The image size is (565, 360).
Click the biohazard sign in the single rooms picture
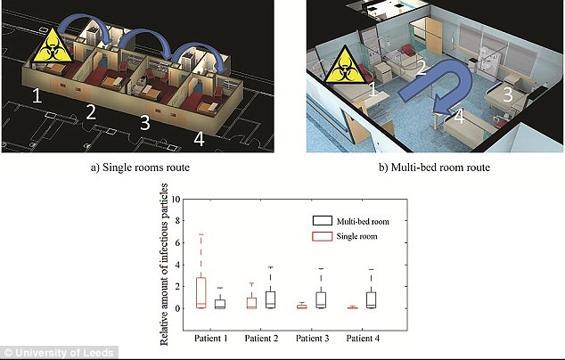tap(53, 46)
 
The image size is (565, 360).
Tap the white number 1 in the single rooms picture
tap(37, 96)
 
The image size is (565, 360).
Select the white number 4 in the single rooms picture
tap(200, 139)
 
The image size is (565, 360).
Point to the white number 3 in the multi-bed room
tap(507, 94)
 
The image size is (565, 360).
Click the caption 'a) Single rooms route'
tap(140, 168)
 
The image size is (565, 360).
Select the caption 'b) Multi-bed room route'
tap(434, 168)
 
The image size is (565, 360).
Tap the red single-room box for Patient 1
tap(201, 292)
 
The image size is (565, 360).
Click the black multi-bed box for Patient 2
tap(270, 299)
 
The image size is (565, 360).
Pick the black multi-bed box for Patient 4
tap(371, 299)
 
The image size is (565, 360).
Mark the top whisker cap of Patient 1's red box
tap(201, 234)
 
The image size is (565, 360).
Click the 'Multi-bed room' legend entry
tap(351, 221)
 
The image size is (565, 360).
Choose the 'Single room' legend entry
tap(345, 236)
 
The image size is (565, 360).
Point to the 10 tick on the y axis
tap(176, 200)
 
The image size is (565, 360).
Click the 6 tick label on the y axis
tap(177, 243)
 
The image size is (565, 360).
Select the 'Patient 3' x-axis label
tap(313, 339)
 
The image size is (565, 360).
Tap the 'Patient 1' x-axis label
tap(211, 339)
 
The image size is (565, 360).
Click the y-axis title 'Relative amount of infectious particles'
tap(164, 265)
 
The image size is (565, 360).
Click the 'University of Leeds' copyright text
tap(59, 353)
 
